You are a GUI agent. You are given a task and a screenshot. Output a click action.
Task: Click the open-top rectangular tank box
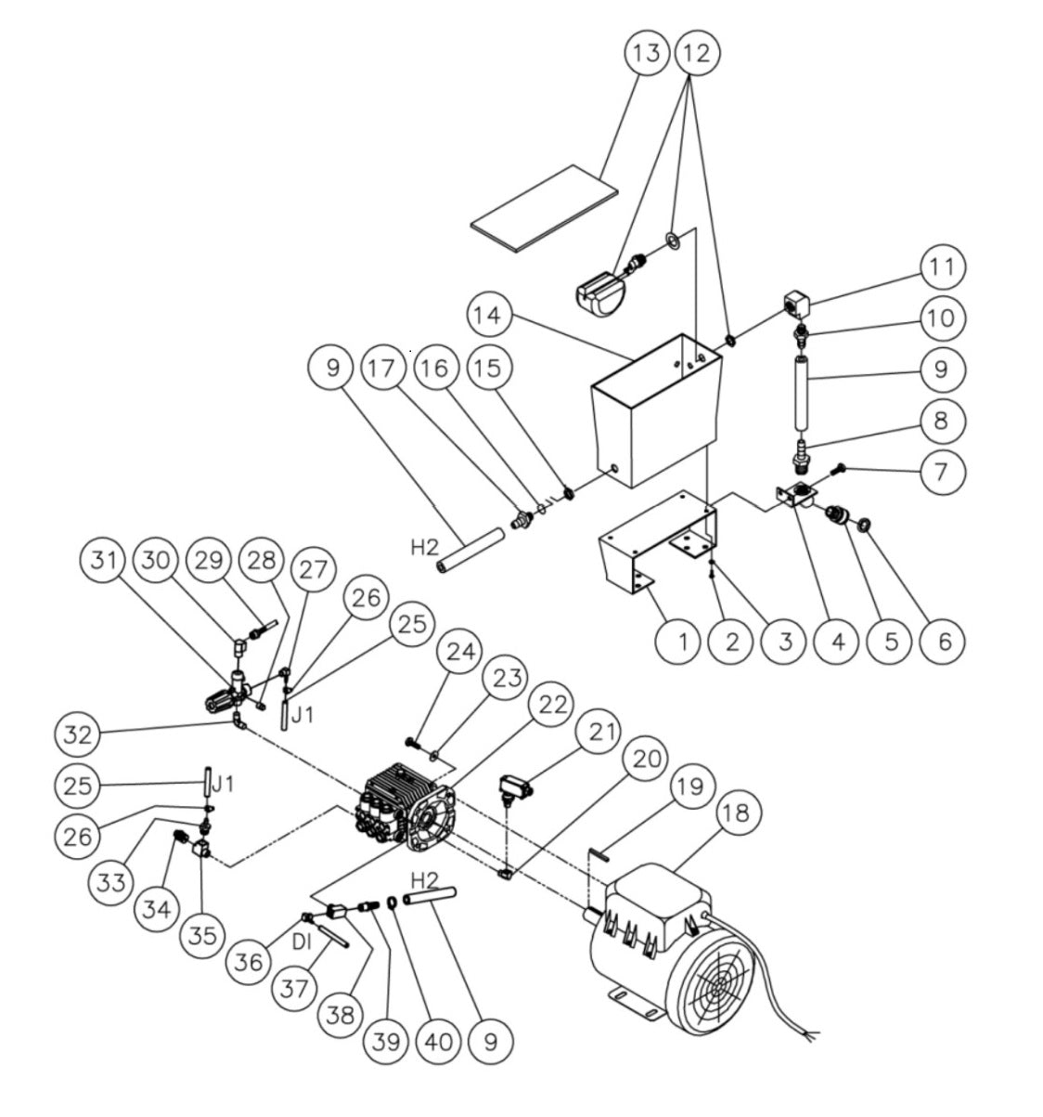655,409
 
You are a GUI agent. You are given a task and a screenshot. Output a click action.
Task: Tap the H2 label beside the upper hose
424,548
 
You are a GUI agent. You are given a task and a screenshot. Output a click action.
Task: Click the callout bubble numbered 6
944,641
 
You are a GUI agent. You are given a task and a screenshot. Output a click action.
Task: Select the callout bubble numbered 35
204,934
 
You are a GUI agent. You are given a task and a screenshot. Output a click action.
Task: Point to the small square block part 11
794,302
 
